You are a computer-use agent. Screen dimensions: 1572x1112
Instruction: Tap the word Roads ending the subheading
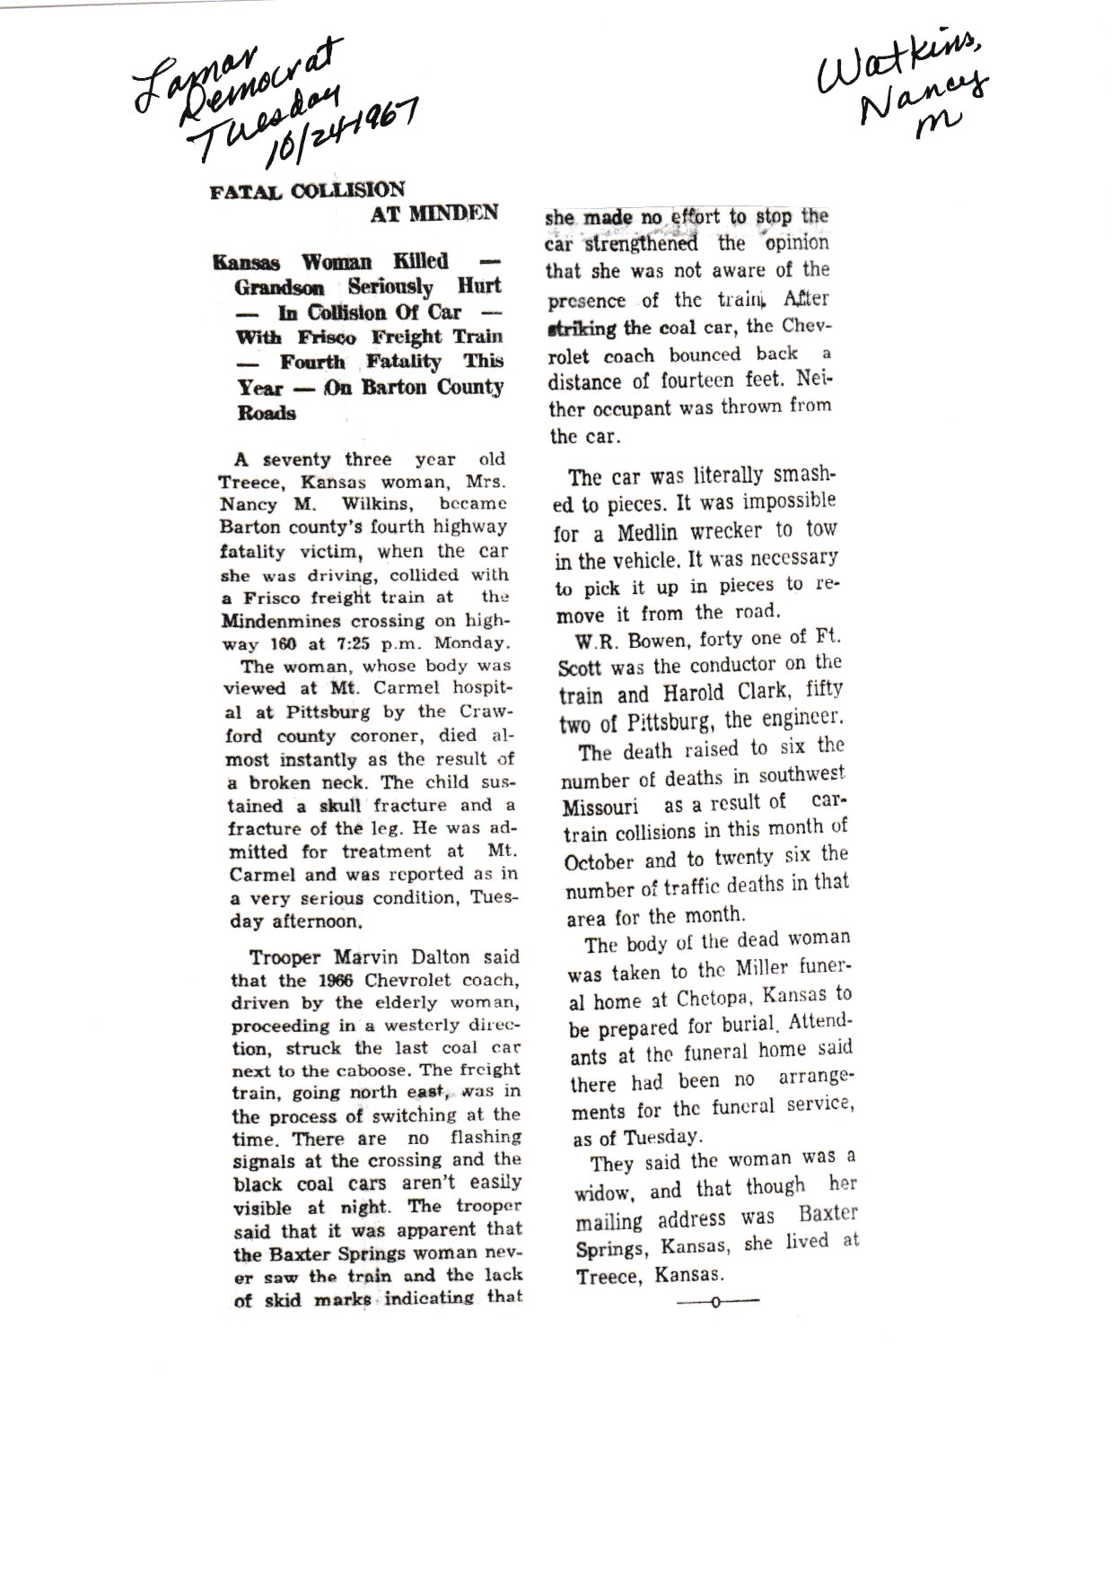pos(267,414)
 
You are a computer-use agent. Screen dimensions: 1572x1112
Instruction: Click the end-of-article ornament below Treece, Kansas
pos(715,1302)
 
